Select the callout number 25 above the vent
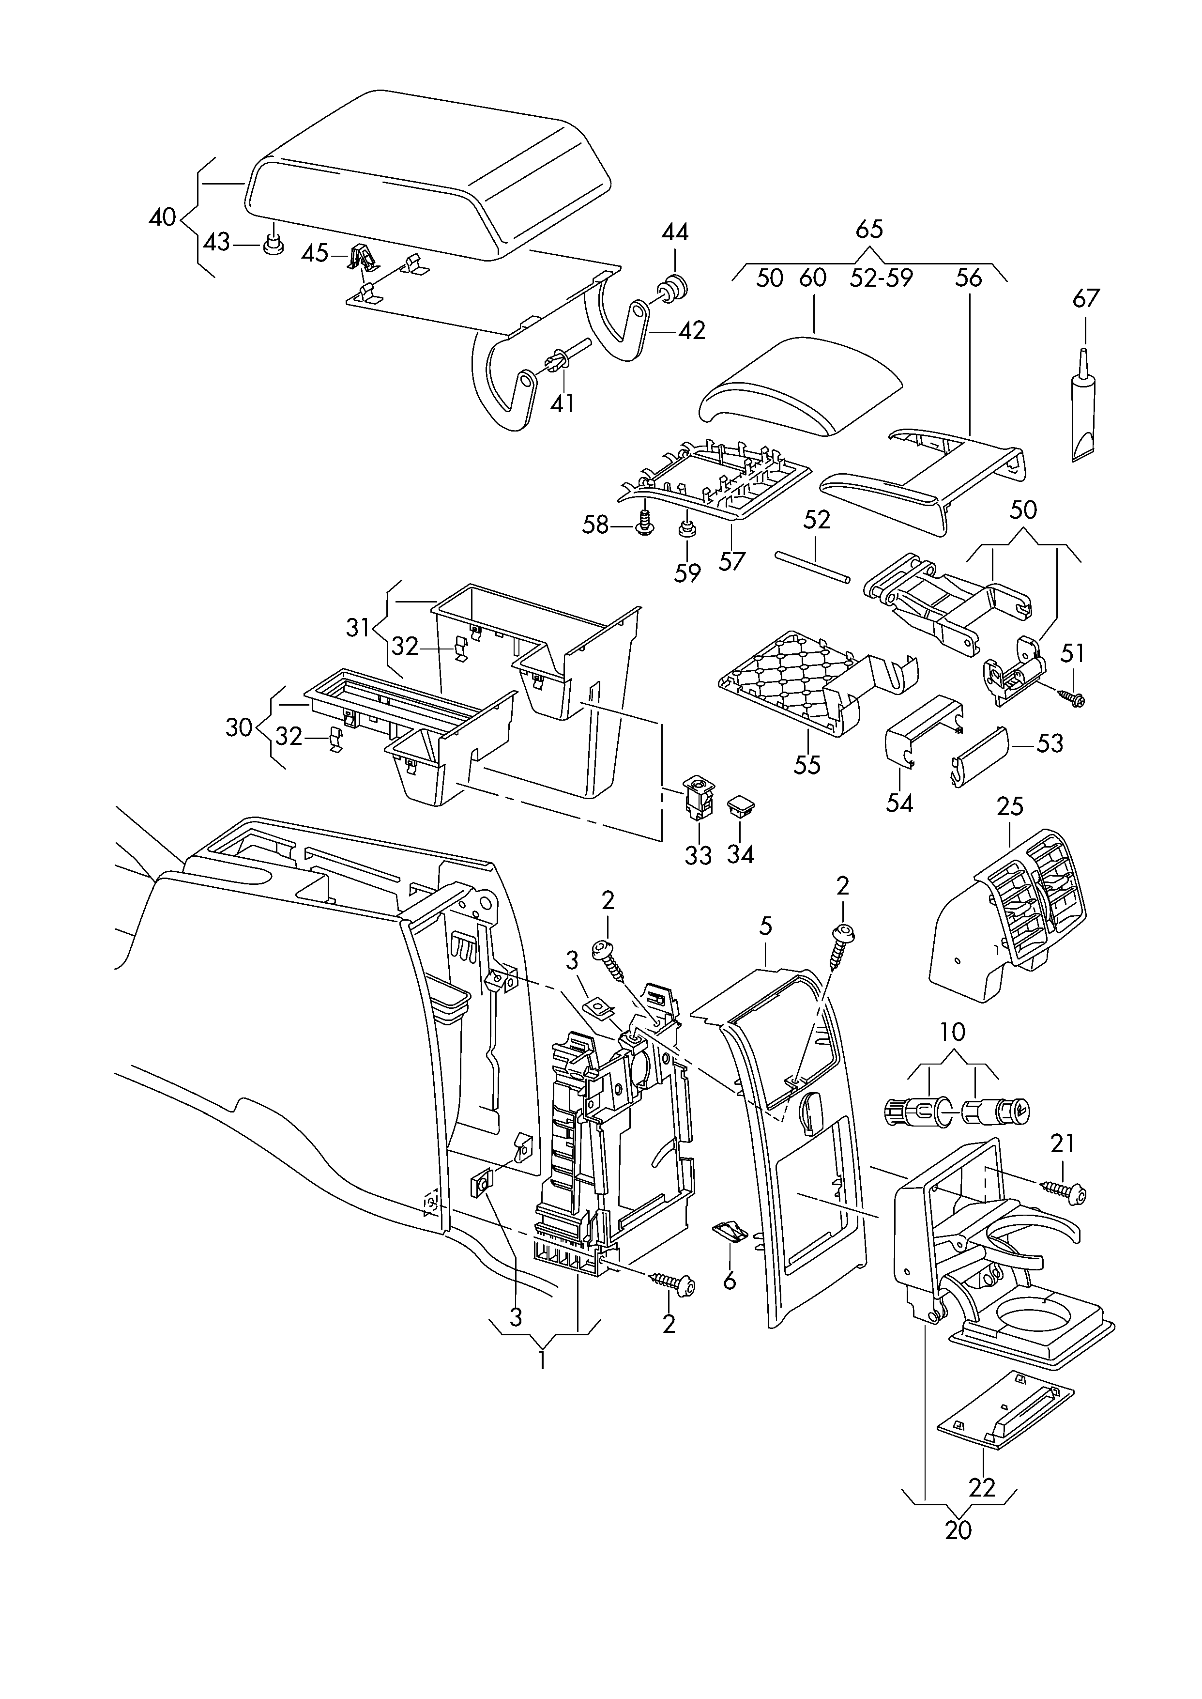pos(1009,807)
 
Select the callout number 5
pos(765,926)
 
